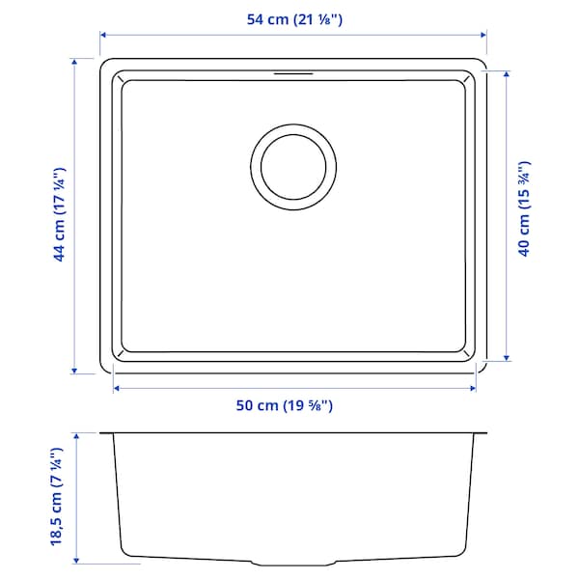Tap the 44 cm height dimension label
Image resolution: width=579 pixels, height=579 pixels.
pyautogui.click(x=59, y=213)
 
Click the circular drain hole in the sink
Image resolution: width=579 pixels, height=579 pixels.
pyautogui.click(x=294, y=165)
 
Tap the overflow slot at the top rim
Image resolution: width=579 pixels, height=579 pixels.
pyautogui.click(x=294, y=72)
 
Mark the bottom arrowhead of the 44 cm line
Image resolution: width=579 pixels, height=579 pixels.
pyautogui.click(x=74, y=371)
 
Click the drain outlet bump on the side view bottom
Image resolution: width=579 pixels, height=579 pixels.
pyautogui.click(x=294, y=562)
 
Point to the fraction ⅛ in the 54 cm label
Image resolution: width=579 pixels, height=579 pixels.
pyautogui.click(x=333, y=16)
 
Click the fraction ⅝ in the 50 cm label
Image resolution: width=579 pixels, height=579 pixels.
pyautogui.click(x=316, y=406)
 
